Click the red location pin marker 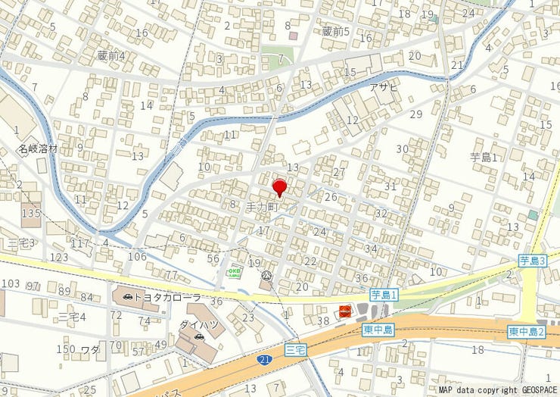click(279, 187)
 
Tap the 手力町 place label click(263, 206)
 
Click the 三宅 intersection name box click(298, 349)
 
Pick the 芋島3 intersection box click(533, 261)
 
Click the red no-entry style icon click(345, 311)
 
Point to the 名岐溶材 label click(39, 148)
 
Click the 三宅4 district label click(73, 316)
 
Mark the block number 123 click(59, 258)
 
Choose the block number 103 click(11, 283)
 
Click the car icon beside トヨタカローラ click(126, 298)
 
